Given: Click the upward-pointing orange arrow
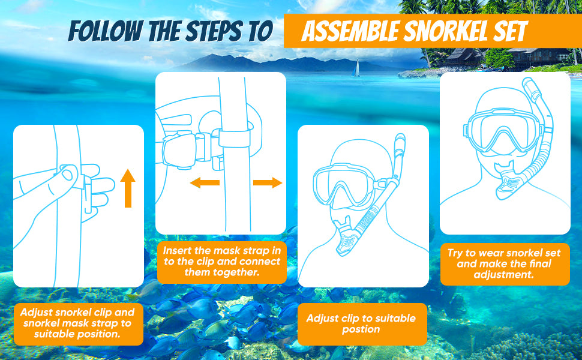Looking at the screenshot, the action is [x=128, y=188].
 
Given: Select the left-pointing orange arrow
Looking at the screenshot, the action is [x=205, y=182].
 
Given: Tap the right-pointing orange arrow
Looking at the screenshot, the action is [x=268, y=182].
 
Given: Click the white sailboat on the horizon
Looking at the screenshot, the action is [x=356, y=68].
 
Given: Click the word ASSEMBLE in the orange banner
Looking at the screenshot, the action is [x=351, y=31].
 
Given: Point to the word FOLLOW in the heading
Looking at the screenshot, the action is [x=106, y=31].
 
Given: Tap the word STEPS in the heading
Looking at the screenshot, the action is [x=214, y=31].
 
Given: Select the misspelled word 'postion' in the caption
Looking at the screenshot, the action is [x=361, y=329].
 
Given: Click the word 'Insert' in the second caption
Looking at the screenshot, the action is [x=176, y=251].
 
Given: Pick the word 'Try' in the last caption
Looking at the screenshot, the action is [x=454, y=253].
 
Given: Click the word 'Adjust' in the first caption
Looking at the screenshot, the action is [x=36, y=312].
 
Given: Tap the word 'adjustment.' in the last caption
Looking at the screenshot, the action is [x=503, y=275].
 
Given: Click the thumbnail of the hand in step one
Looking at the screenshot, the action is [x=67, y=174].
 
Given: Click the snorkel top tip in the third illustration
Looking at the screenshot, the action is [x=400, y=137].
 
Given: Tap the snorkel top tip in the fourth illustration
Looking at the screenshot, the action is [x=527, y=80].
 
